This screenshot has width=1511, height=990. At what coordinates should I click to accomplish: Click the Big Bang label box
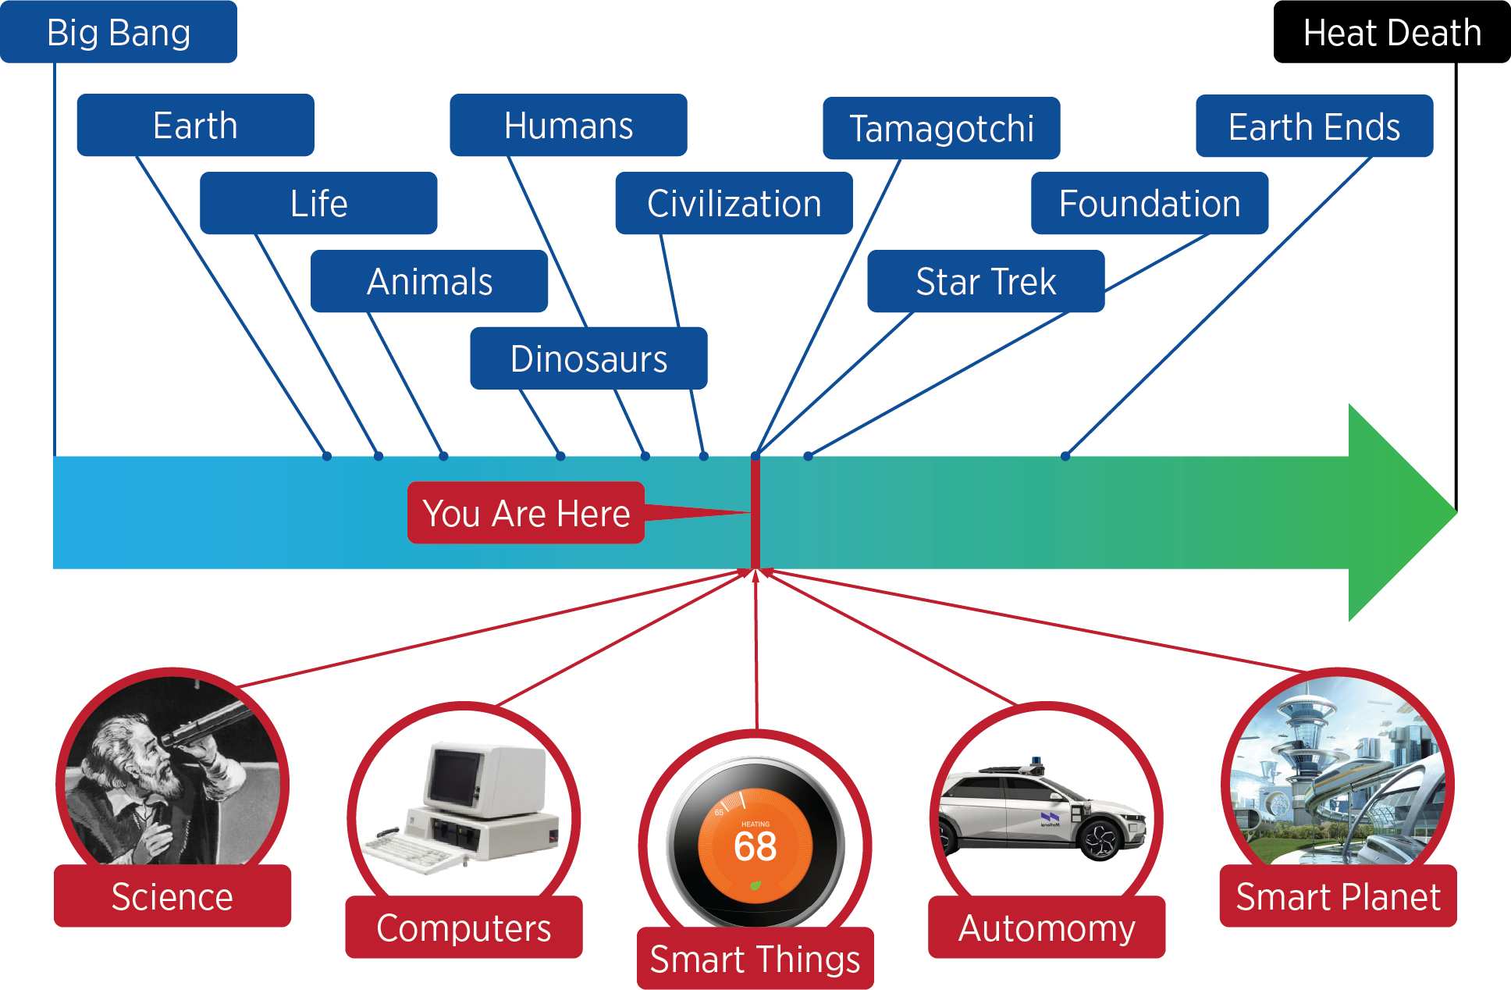click(x=119, y=33)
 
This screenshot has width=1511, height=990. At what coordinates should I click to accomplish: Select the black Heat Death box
click(x=1392, y=33)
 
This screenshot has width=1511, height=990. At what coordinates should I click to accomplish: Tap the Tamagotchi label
click(x=941, y=128)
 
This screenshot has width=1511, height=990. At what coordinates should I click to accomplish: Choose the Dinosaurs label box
click(x=588, y=359)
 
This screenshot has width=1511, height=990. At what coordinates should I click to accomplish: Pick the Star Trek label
click(x=986, y=282)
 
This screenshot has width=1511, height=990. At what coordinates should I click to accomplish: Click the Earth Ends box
click(x=1314, y=126)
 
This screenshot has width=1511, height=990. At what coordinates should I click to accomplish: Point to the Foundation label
click(x=1150, y=204)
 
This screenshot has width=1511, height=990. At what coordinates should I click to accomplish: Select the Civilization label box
click(x=734, y=204)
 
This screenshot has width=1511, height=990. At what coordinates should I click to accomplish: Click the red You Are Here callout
click(x=526, y=513)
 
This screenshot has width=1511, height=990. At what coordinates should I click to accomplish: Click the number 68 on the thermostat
click(x=755, y=847)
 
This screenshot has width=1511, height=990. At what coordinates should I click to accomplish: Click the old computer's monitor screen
click(x=455, y=777)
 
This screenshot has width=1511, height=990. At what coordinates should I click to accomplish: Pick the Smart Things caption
click(x=755, y=959)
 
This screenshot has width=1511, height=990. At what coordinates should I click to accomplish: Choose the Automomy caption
click(x=1047, y=928)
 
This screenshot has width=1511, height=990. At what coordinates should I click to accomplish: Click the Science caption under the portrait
click(x=172, y=896)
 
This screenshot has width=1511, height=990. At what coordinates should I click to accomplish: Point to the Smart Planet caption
click(x=1338, y=896)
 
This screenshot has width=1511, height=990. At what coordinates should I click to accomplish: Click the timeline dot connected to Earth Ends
click(x=1065, y=456)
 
